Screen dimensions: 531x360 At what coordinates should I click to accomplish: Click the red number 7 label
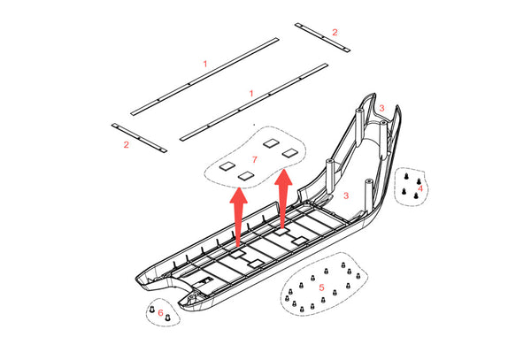(255, 159)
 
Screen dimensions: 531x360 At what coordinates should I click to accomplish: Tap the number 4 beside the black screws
(420, 188)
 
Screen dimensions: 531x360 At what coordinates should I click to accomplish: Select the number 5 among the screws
(321, 287)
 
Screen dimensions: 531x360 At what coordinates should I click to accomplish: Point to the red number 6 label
(160, 312)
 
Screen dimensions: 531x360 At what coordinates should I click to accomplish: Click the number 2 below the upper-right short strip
(335, 32)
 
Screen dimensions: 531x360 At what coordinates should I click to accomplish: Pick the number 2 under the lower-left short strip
(127, 145)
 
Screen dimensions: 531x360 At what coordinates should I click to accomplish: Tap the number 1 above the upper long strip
(205, 64)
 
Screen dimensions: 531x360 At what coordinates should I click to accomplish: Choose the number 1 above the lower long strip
(251, 93)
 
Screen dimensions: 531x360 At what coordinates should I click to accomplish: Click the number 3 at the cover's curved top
(382, 108)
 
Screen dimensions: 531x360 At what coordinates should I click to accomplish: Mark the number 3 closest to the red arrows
(346, 195)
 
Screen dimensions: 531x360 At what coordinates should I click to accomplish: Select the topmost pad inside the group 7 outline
(272, 143)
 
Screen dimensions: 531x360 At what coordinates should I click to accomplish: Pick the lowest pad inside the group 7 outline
(246, 176)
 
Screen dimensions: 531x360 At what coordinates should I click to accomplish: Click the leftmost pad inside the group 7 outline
(227, 165)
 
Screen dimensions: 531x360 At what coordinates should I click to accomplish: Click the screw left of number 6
(151, 309)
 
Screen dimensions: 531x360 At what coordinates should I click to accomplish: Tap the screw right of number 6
(167, 318)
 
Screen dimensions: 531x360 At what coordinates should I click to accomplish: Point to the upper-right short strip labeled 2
(322, 37)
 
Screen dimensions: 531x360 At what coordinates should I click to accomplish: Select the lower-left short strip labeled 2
(139, 138)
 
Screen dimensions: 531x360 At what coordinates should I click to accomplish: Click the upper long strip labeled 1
(204, 76)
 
